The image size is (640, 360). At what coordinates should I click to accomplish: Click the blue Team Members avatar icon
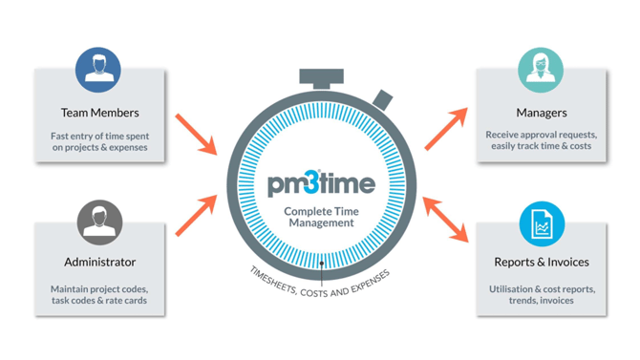pos(98,70)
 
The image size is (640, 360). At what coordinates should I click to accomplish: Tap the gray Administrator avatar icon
pos(99,222)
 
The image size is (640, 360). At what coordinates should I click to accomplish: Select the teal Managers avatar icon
pos(541,70)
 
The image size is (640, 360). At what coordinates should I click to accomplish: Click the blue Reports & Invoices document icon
pos(542,223)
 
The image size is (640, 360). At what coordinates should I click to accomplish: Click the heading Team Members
pos(100,113)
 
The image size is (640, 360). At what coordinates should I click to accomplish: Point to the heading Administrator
pos(100,262)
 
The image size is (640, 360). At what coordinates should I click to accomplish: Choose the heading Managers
pos(542,113)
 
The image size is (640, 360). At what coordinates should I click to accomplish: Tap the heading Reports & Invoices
pos(542,262)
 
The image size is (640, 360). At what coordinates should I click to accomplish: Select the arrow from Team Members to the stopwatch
pos(197,135)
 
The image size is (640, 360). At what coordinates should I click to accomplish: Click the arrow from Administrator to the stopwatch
pos(197,216)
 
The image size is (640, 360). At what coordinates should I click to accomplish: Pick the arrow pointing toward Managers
pos(446,129)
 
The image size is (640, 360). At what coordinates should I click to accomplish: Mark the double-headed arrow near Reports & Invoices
pos(446,220)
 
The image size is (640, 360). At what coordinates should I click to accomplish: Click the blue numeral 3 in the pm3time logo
pos(312,182)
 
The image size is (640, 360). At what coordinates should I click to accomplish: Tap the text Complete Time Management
pos(321,217)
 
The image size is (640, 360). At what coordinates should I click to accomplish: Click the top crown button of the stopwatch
pos(321,78)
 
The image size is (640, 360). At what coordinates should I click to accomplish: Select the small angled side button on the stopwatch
pos(382,100)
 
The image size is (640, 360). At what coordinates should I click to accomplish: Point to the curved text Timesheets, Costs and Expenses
pos(320,285)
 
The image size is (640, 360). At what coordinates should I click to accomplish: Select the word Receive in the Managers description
pos(501,135)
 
